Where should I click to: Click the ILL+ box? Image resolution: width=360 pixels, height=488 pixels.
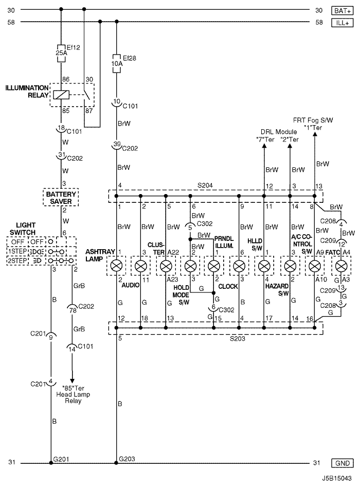tap(341, 22)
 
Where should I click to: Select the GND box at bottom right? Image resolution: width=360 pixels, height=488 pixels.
tap(341, 462)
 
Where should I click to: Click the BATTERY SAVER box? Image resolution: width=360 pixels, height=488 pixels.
tap(61, 197)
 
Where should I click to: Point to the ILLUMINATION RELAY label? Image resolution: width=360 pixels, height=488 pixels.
tap(27, 91)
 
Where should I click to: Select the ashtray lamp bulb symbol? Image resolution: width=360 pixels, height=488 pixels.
tap(117, 266)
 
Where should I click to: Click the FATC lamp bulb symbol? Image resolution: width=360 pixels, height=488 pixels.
tap(340, 266)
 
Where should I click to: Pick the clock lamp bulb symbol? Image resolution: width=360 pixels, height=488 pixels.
tap(239, 266)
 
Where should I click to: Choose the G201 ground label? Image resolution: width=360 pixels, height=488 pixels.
tap(61, 458)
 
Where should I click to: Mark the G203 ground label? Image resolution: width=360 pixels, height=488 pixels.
tap(127, 458)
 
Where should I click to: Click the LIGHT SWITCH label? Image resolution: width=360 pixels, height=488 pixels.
tap(26, 229)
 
